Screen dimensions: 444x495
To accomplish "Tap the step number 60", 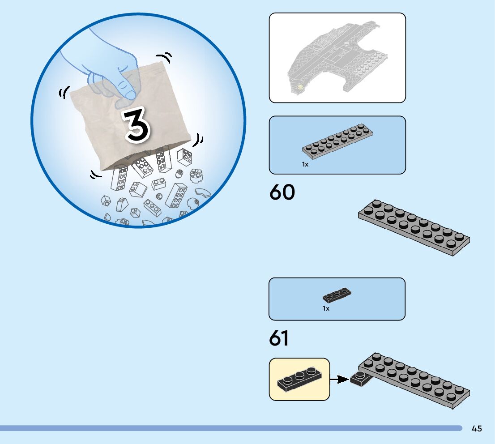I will click(x=282, y=193).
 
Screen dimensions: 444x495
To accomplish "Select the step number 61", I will click(x=279, y=339).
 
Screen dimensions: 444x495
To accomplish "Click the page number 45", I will click(x=477, y=429).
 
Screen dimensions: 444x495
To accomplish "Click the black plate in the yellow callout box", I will click(x=299, y=379).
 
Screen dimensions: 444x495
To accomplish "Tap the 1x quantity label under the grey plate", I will click(x=305, y=164).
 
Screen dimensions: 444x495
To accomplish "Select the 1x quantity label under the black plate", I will click(x=326, y=308).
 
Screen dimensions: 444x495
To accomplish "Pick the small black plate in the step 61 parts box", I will click(x=337, y=295).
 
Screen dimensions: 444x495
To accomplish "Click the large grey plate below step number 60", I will click(x=414, y=226).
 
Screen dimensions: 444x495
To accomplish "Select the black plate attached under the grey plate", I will click(x=361, y=379).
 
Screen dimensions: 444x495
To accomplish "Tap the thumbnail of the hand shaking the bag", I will click(x=138, y=120).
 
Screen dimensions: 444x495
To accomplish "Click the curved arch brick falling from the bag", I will click(x=202, y=193).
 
